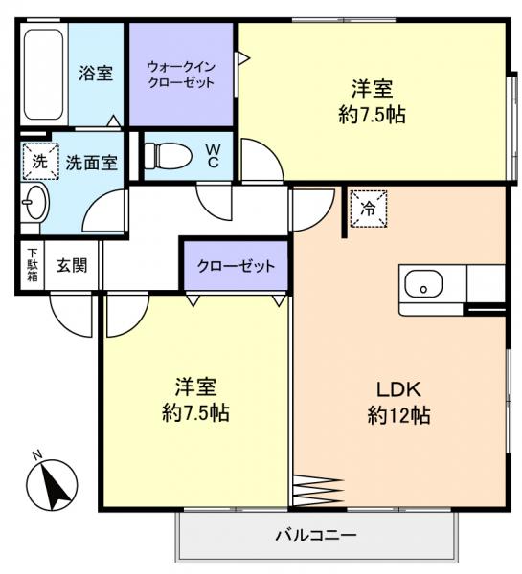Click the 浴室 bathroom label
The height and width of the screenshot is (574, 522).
97,74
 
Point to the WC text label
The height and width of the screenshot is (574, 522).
213,155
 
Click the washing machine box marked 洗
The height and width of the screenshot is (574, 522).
39,162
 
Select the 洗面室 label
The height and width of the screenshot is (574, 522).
91,163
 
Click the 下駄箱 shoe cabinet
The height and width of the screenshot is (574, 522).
32,265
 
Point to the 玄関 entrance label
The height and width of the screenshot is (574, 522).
71,265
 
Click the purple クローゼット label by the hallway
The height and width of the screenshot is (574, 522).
236,265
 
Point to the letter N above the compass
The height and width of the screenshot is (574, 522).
35,454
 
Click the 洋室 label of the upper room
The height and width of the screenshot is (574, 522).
372,89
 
